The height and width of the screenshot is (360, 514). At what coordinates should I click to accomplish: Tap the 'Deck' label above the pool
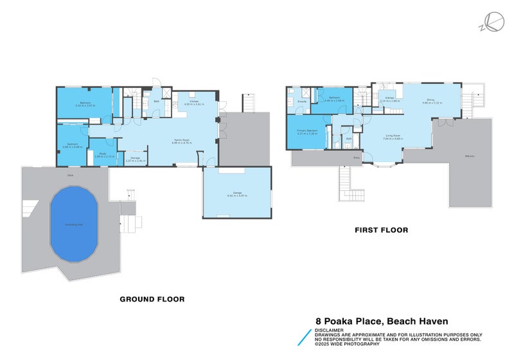click(71, 175)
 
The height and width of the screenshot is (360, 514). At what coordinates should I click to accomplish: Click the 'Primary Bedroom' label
click(306, 132)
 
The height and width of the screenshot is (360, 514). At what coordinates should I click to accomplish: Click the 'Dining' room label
click(431, 101)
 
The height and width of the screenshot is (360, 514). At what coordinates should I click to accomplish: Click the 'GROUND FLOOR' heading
click(153, 299)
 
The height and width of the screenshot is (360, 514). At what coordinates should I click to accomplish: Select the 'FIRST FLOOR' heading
click(382, 230)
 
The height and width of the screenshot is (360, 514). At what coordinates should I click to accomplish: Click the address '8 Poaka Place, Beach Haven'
click(382, 321)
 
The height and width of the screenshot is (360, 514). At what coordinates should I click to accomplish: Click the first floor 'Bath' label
click(349, 138)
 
